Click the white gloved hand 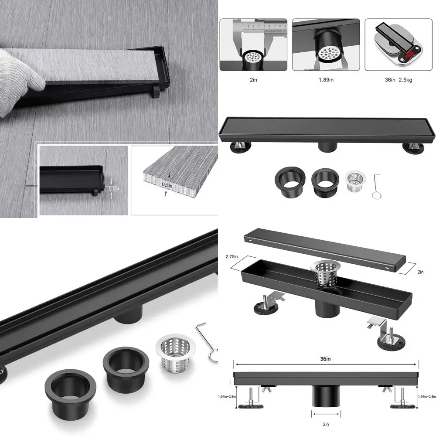[20, 81]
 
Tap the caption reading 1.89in [326, 80]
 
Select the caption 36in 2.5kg [399, 80]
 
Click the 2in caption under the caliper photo [253, 80]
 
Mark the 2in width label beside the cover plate [420, 272]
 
